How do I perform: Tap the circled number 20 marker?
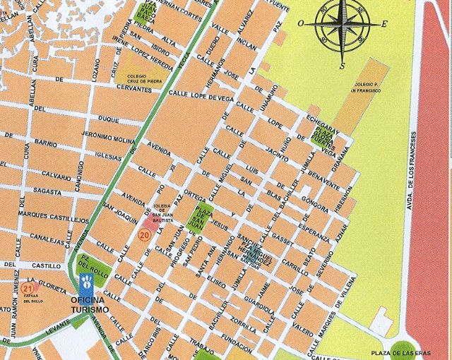(x=145, y=236)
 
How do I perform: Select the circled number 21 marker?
(x=28, y=288)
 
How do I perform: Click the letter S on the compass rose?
(x=342, y=66)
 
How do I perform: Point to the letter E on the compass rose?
(x=384, y=24)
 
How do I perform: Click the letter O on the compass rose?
(x=301, y=23)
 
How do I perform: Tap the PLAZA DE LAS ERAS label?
(x=400, y=352)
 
